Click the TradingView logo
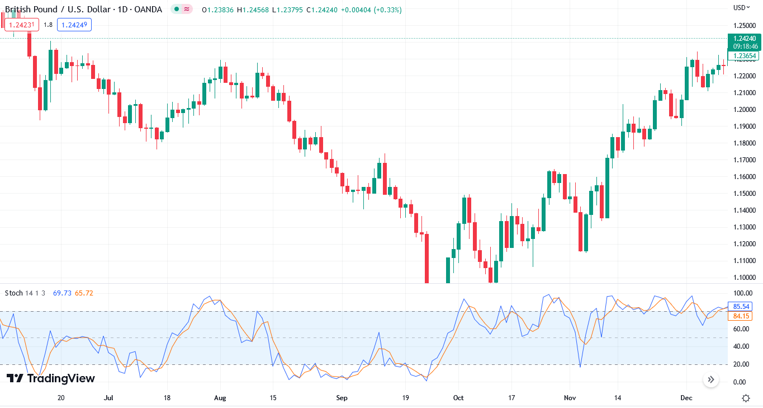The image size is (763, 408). tap(51, 379)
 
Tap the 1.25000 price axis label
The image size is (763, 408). tap(744, 26)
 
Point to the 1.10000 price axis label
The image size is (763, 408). tap(744, 278)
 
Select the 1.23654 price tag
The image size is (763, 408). tap(745, 55)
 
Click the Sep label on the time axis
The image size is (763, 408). tap(342, 398)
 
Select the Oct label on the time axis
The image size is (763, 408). tap(458, 398)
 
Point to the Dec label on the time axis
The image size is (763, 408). tap(686, 398)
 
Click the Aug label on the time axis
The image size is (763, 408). tap(220, 398)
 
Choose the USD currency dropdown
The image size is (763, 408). tap(742, 8)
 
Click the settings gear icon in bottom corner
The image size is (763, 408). tap(746, 398)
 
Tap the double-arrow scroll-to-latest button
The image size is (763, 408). tap(710, 380)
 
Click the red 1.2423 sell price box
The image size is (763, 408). tap(21, 25)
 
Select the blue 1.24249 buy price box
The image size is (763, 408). tap(74, 25)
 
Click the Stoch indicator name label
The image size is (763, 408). tap(14, 293)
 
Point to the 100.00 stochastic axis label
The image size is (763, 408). tap(742, 293)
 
